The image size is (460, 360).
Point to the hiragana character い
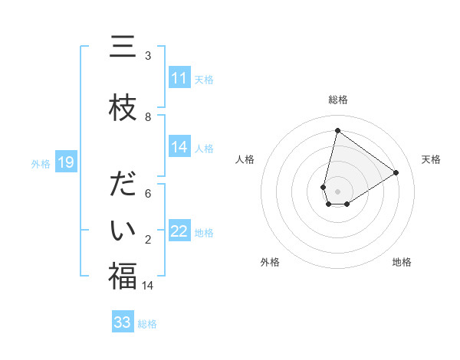[123, 231]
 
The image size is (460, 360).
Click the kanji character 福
[123, 277]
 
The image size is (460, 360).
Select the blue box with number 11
[179, 78]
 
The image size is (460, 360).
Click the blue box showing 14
[179, 147]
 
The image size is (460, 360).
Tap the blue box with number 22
[179, 231]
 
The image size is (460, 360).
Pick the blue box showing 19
[66, 162]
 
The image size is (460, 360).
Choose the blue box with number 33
[123, 322]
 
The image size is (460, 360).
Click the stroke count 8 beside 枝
[148, 117]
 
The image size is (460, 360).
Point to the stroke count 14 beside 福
[148, 286]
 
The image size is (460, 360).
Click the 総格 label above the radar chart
[337, 100]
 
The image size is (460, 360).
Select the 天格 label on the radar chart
[431, 159]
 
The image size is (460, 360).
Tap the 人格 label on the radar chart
[245, 159]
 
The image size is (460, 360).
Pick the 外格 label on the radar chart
[270, 262]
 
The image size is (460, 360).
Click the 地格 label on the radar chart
[402, 262]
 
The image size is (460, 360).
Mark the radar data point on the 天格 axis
[396, 172]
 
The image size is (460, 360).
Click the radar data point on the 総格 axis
[337, 130]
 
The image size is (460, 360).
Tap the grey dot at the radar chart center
[337, 191]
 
